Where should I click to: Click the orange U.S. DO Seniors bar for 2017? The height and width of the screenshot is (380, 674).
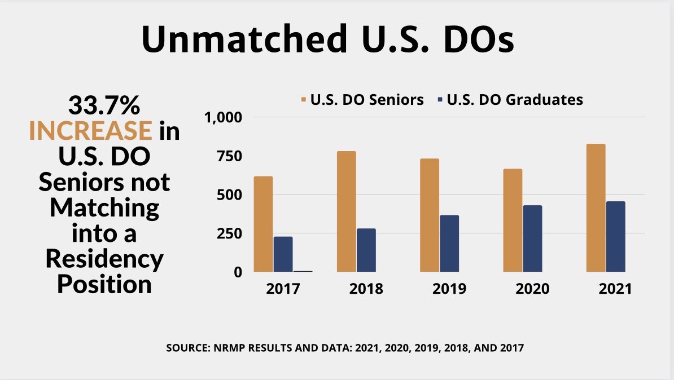coord(263,224)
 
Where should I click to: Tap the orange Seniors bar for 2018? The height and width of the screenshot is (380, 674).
coord(346,211)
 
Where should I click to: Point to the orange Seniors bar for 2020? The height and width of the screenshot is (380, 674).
coord(513,220)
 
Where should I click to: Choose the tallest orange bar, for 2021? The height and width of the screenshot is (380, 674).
coord(596,207)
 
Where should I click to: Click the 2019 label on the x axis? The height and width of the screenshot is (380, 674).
coord(449,289)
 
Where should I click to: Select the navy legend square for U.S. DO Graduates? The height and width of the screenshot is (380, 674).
coord(439,100)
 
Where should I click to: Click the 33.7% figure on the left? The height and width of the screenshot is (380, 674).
coord(104,105)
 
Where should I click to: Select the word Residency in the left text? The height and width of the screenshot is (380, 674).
coord(104,259)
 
